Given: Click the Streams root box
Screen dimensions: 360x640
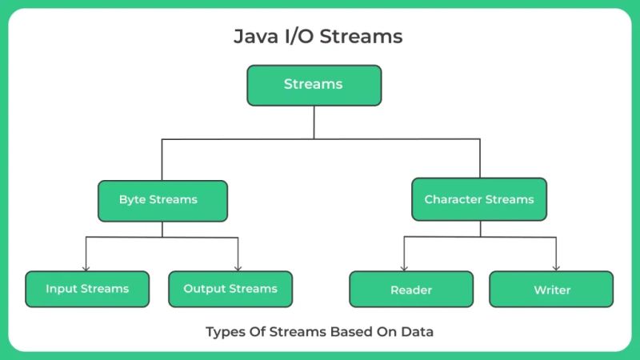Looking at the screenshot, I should tap(314, 85).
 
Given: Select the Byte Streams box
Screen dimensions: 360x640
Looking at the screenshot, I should tap(162, 200).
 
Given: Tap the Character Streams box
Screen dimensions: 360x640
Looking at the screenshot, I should tap(479, 199).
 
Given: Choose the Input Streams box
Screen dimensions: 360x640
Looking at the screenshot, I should tap(86, 289).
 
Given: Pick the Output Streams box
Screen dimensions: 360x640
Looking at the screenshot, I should tap(230, 289).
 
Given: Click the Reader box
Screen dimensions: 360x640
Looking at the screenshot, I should tap(411, 290).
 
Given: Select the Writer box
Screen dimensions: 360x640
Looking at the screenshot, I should tap(552, 290).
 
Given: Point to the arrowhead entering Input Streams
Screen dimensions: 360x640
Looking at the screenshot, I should tap(86, 267).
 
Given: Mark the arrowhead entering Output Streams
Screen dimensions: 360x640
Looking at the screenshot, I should tap(238, 267).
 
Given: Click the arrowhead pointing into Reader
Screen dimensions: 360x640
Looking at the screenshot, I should tap(403, 267).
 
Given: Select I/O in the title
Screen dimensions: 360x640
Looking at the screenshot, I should tap(301, 37).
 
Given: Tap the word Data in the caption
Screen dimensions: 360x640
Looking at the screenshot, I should tap(418, 331).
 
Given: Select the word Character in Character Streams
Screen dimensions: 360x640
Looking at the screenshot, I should tap(453, 199).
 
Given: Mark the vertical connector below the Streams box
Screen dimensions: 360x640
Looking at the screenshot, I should tap(314, 122).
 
